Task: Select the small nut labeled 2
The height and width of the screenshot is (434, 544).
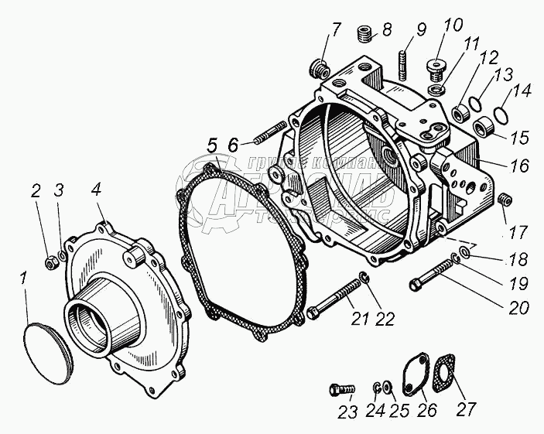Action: [50, 261]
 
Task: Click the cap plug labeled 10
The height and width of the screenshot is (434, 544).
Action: [437, 68]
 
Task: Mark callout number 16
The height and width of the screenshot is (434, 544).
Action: [518, 166]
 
